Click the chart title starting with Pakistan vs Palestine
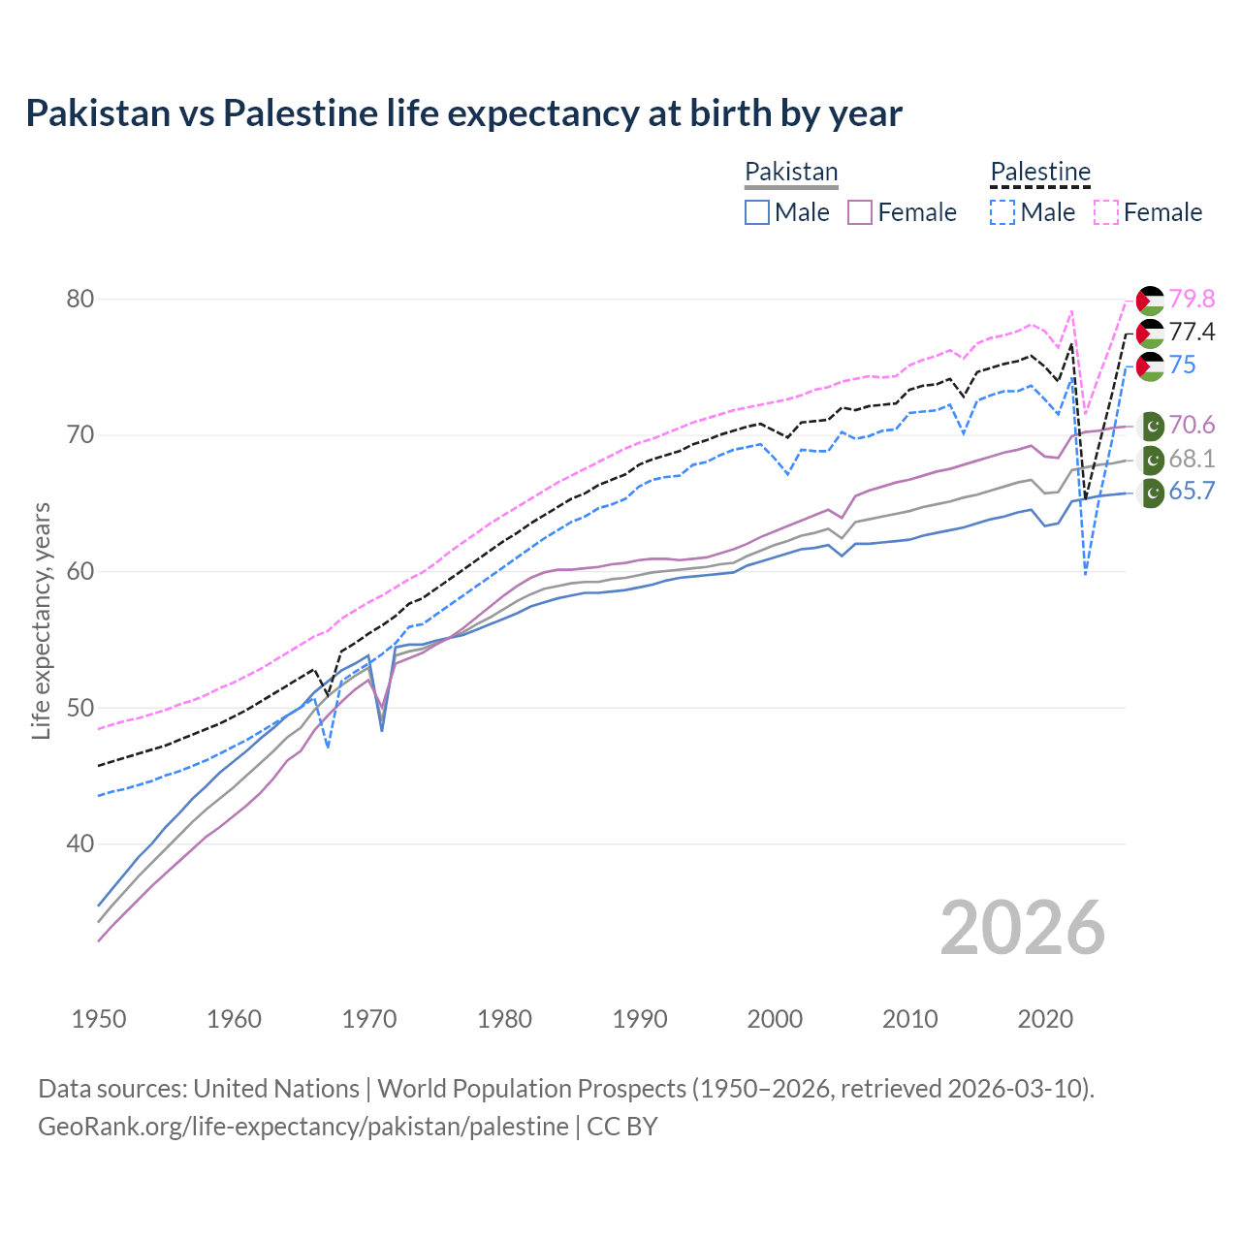(x=463, y=113)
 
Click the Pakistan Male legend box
(x=757, y=212)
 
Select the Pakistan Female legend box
(x=860, y=212)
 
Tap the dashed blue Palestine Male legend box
(x=1002, y=212)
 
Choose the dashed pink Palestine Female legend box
(x=1106, y=212)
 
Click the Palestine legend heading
(x=1040, y=173)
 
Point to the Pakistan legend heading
(x=791, y=173)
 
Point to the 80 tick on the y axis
(x=80, y=299)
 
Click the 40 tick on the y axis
(x=80, y=844)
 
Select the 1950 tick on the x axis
(x=99, y=1019)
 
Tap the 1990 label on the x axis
(x=640, y=1019)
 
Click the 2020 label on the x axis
(x=1045, y=1019)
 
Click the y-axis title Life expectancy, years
(x=41, y=620)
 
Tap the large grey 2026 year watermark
(x=1023, y=928)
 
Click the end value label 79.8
(x=1192, y=299)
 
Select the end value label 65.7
(x=1192, y=492)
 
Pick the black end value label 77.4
(x=1192, y=333)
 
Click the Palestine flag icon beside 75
(x=1150, y=366)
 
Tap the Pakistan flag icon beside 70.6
(x=1151, y=426)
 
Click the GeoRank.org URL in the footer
(x=303, y=1127)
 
